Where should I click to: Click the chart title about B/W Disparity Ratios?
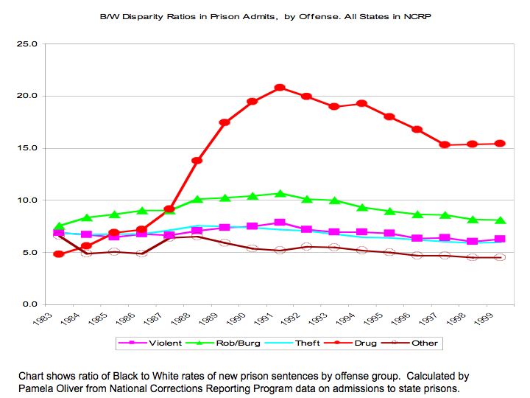pos(265,16)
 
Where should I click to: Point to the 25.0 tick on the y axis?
pos(27,44)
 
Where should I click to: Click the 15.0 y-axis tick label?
pos(27,148)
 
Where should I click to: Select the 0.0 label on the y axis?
pos(29,304)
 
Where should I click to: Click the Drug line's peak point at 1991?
pos(280,88)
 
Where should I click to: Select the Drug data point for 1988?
pos(197,161)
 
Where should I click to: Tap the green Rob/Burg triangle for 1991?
pos(280,194)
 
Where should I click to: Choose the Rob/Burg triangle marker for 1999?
pos(500,220)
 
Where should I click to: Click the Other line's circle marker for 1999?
pos(500,257)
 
